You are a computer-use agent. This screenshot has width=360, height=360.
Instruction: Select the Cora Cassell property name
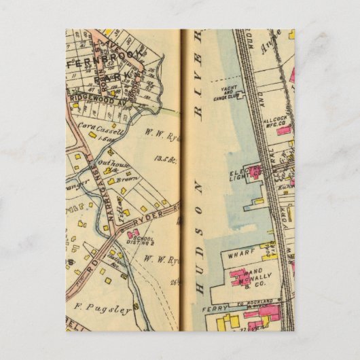(x=101, y=128)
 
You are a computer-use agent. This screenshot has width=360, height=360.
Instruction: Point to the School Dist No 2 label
(x=145, y=242)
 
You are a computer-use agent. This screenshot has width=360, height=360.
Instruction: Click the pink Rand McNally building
(x=239, y=276)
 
